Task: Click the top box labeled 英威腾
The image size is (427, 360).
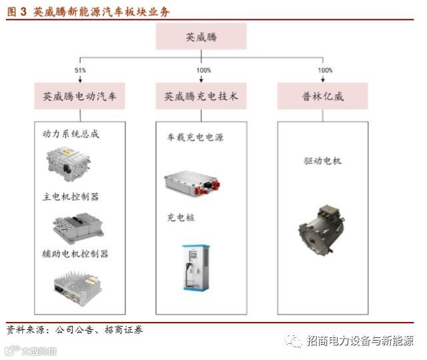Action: point(201,37)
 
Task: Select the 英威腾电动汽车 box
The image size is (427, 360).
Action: point(79,96)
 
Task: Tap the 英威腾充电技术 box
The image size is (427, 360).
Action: point(201,96)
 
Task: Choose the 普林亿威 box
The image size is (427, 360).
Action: point(322,96)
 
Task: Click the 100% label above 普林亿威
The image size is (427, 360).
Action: point(325,70)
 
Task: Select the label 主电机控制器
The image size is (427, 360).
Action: point(70,197)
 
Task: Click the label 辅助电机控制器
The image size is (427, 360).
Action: point(75,254)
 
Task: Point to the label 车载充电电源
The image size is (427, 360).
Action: point(195,138)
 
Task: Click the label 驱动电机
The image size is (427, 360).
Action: point(322,162)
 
